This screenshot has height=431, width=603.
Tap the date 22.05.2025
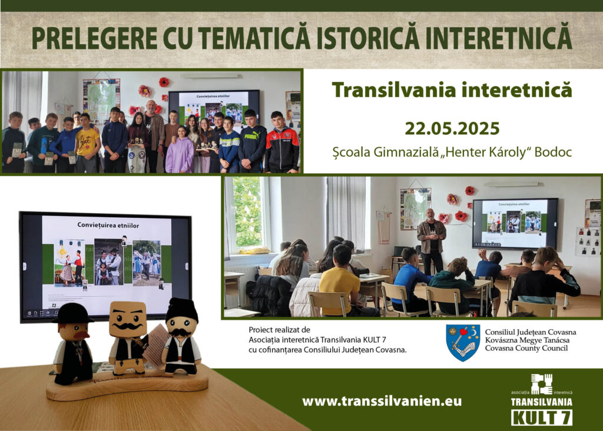click(452, 128)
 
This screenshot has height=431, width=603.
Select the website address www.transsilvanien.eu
click(382, 401)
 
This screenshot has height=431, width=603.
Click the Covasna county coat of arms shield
click(463, 343)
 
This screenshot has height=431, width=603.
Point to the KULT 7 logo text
click(542, 417)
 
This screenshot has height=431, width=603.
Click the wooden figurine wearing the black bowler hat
click(73, 343)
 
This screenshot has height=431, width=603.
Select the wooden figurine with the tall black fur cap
click(181, 336)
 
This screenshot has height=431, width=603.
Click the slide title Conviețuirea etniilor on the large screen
click(108, 225)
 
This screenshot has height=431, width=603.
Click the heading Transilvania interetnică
click(452, 89)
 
